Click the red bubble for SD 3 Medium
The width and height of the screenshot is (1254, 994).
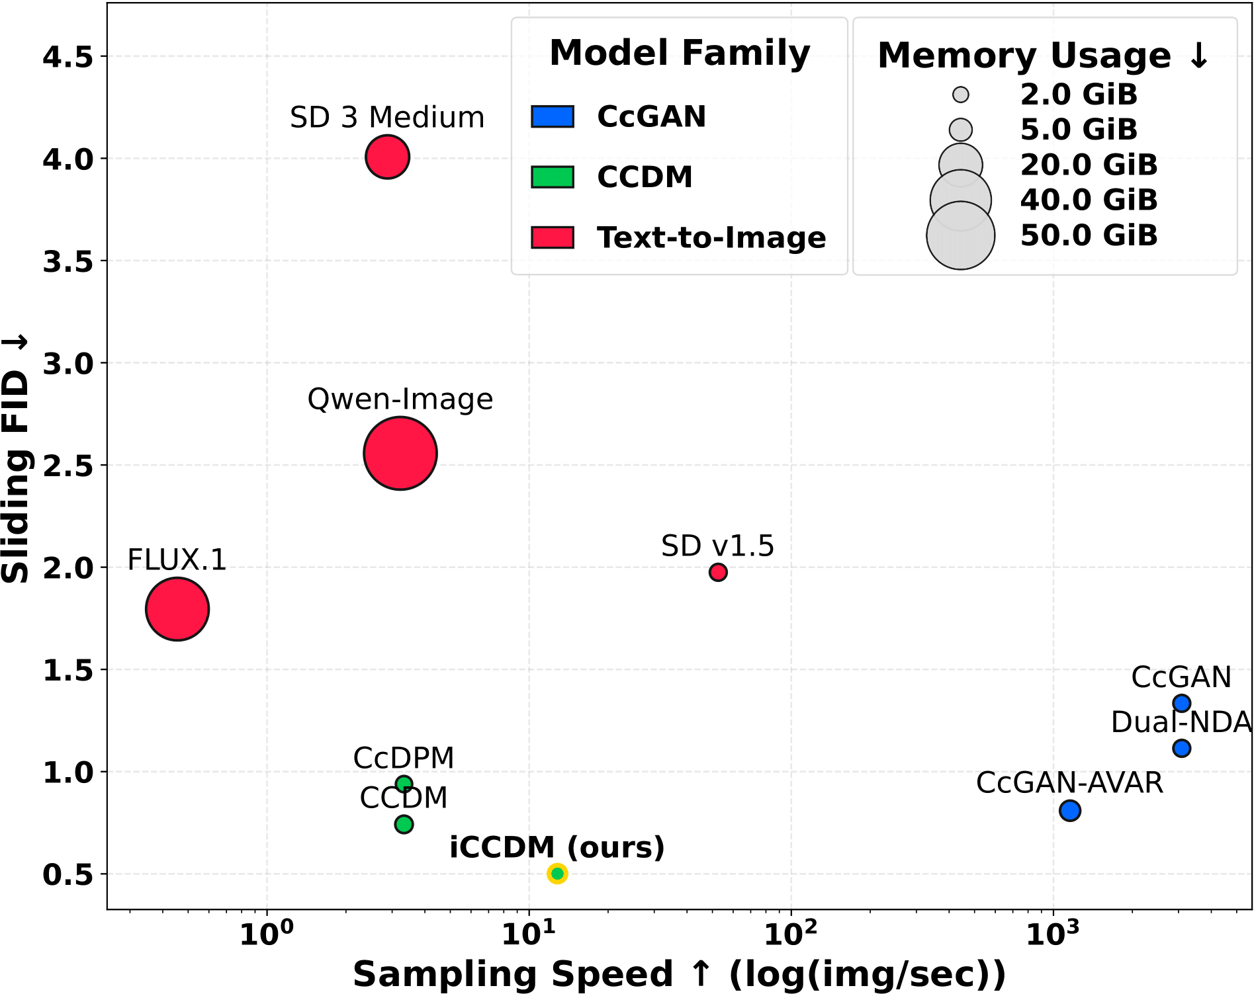387,157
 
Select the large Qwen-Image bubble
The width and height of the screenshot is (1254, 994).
400,453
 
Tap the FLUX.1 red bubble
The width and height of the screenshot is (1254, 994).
177,608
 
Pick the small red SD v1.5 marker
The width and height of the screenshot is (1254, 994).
718,572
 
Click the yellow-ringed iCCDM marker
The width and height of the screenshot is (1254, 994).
557,874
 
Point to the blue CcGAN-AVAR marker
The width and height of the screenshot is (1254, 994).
1069,810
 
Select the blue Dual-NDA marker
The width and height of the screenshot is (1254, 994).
1181,749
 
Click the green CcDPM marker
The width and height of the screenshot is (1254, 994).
404,784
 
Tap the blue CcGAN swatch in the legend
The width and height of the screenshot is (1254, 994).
553,116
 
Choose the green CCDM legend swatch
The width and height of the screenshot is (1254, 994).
553,177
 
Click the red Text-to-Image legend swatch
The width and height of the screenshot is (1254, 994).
553,237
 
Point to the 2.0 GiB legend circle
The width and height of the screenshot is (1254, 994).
961,95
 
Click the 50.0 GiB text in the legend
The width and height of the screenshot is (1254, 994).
1089,235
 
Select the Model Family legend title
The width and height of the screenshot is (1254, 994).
680,53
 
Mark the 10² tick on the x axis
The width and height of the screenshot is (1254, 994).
791,933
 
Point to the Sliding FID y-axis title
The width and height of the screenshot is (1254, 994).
16,460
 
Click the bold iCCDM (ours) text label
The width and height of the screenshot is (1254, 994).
557,847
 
